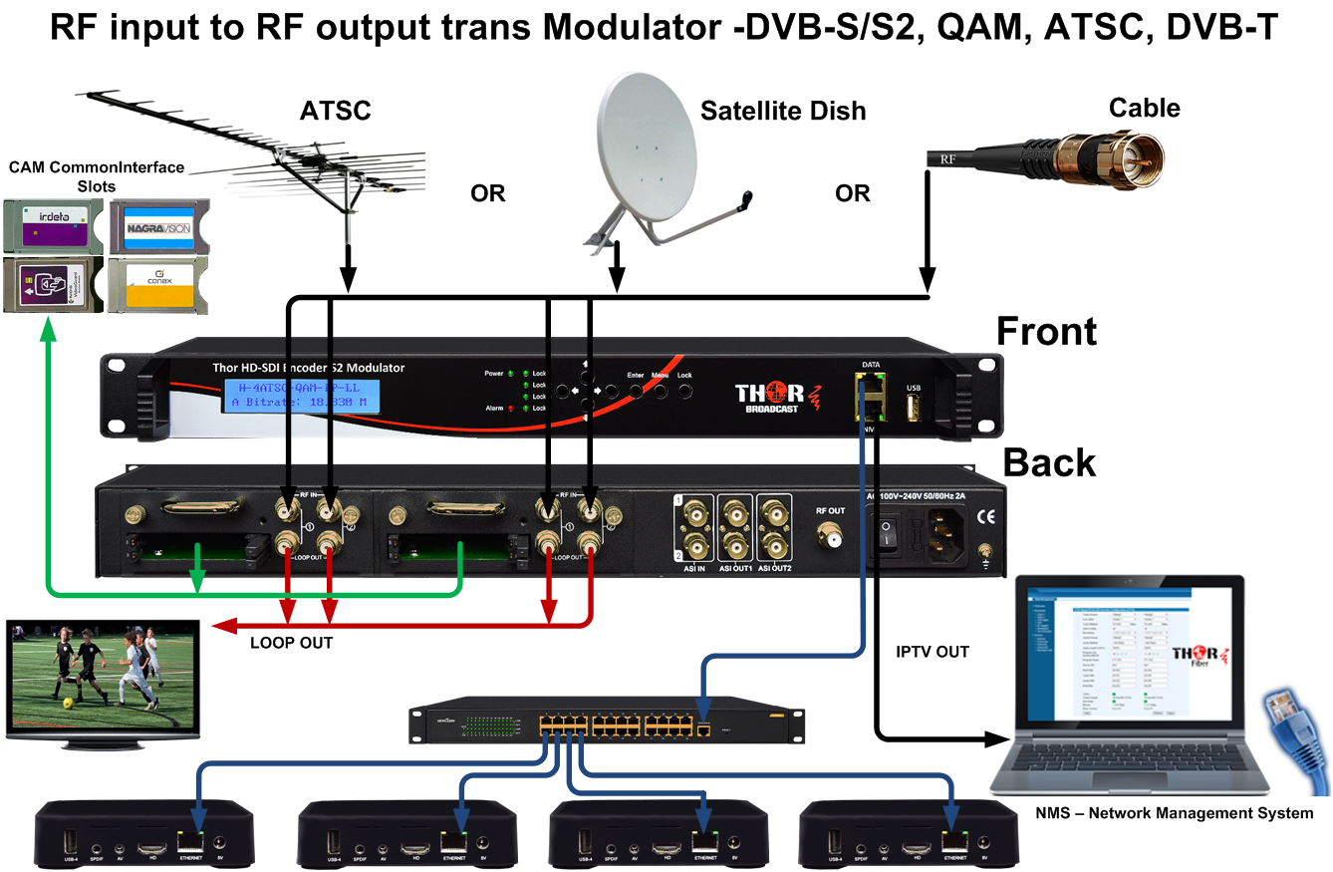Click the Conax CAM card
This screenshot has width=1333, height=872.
tap(157, 285)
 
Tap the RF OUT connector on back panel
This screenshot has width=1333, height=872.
tap(830, 540)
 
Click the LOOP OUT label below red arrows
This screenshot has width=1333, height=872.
tap(291, 644)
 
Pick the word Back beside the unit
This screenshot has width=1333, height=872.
tap(1048, 463)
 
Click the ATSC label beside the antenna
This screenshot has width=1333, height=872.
tap(335, 111)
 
